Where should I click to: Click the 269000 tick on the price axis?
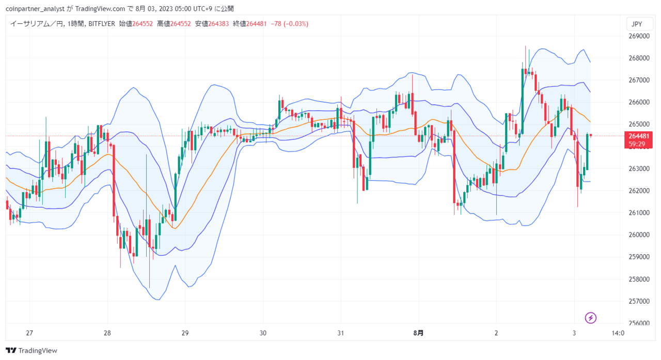coord(639,36)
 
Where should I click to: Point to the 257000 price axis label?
coord(639,301)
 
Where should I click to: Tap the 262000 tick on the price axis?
coord(639,191)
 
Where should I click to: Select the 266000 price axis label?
coord(639,102)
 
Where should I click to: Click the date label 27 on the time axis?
coord(29,333)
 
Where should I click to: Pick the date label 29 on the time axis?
coord(185,333)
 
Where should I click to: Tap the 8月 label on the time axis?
coord(418,333)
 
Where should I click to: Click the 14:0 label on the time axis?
coord(618,333)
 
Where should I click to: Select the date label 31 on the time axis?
coord(341,333)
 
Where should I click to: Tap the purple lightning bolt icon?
coord(590,318)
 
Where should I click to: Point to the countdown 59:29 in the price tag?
coord(637,144)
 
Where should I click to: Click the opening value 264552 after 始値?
coord(143,24)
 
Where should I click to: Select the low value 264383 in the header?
coord(218,24)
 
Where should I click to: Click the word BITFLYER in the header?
coord(102,24)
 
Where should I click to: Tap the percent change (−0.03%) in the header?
coord(296,24)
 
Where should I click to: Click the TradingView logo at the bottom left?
coord(32,351)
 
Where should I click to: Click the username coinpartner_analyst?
coord(35,9)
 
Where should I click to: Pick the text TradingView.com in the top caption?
coord(100,9)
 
